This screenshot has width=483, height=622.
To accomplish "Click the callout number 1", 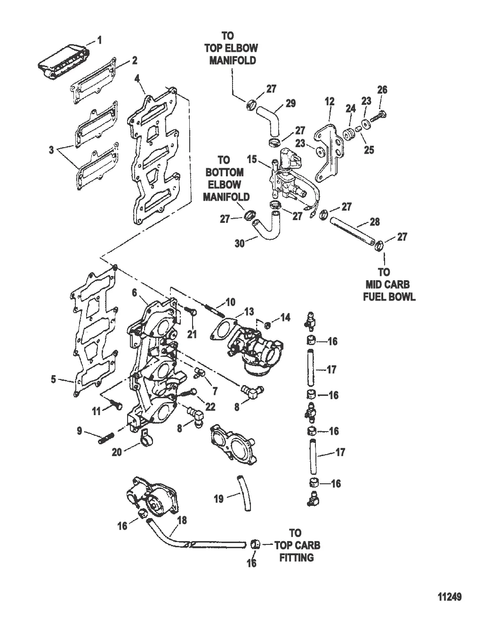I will point(99,40).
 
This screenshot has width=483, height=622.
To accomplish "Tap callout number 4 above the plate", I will point(137,79).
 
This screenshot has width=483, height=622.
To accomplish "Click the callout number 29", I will point(291,103).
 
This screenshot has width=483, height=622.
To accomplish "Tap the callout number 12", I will point(329,101).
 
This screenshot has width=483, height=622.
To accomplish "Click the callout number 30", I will point(240,244).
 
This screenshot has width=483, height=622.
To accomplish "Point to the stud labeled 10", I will point(211,309).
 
